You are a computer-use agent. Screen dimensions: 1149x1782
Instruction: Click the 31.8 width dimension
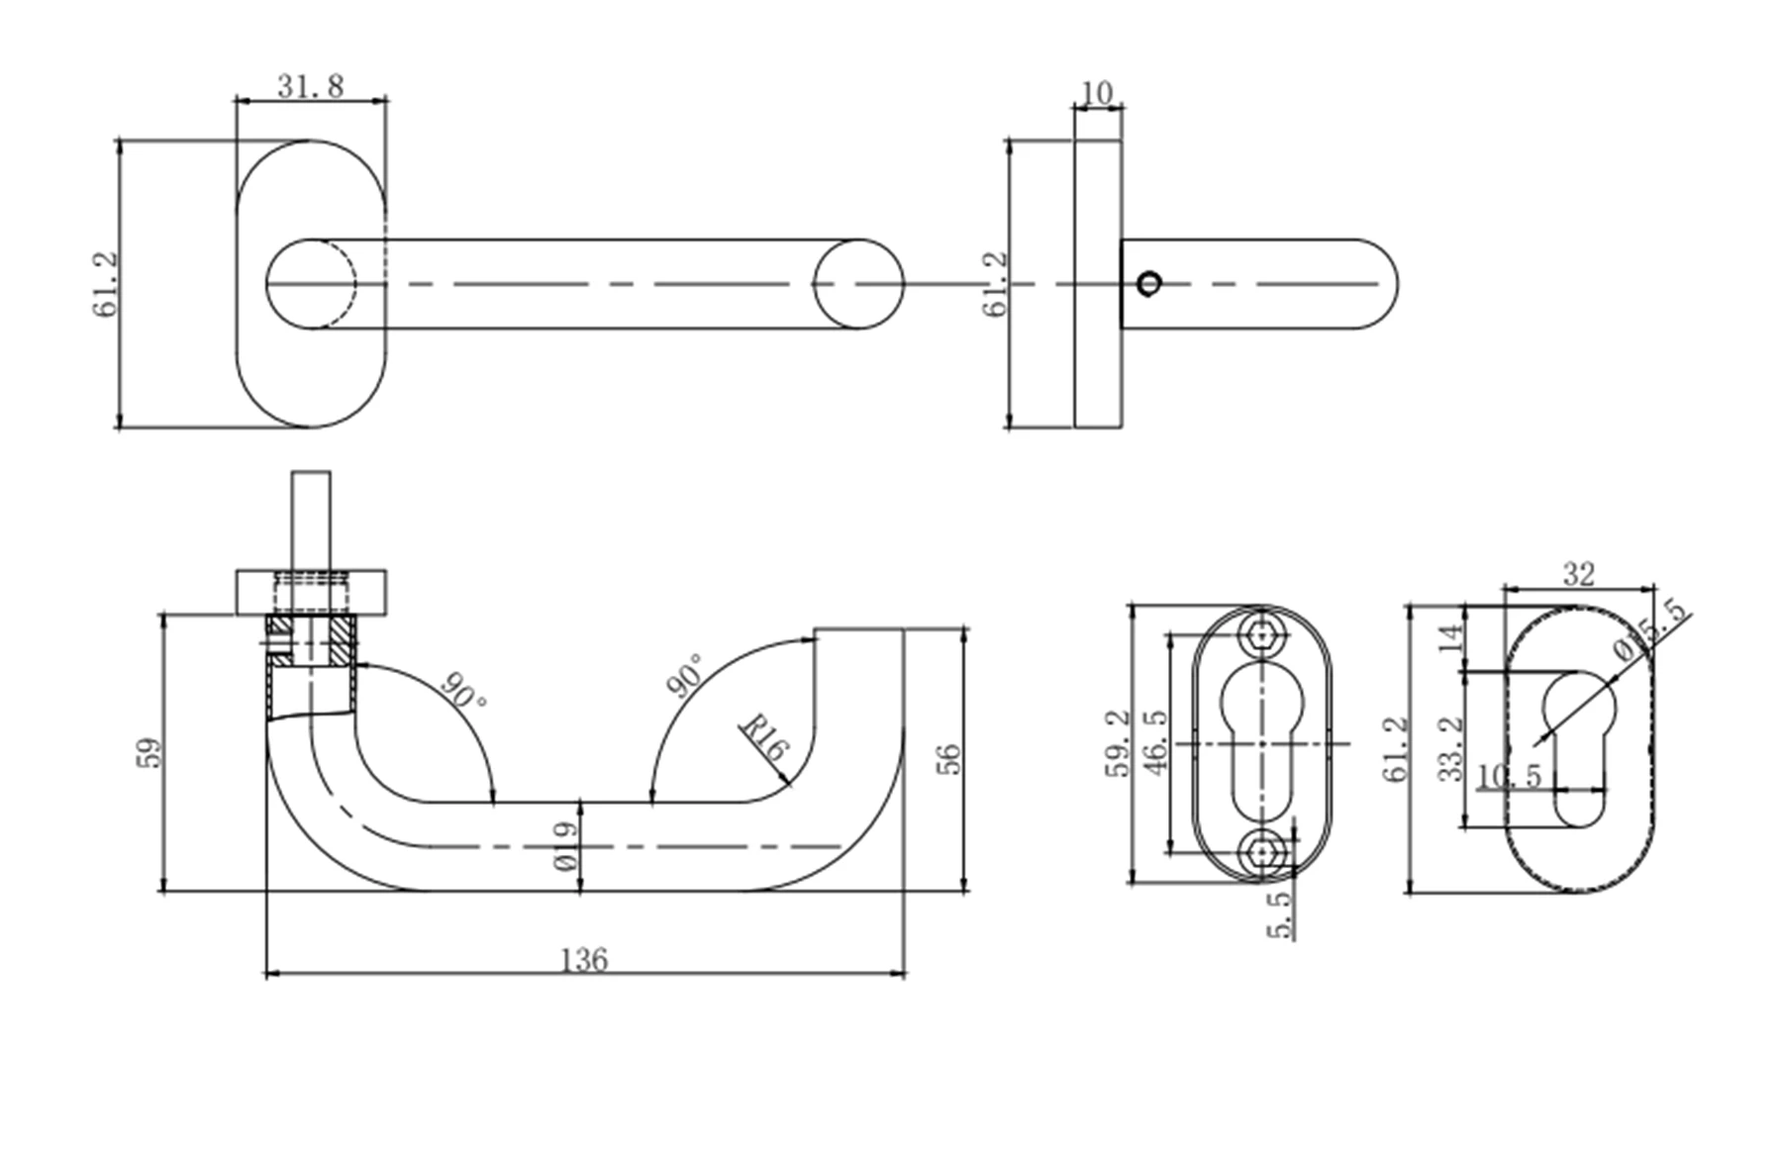point(310,86)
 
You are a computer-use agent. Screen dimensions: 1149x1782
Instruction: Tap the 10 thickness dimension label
point(1097,92)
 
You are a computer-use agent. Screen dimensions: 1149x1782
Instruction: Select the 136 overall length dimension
point(584,959)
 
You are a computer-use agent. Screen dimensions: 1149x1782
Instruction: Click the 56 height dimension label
point(947,758)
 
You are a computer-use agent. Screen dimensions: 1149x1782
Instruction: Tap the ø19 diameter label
point(565,846)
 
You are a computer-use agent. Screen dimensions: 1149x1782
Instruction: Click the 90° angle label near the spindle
point(463,690)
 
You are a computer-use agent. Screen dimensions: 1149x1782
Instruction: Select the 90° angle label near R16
point(685,675)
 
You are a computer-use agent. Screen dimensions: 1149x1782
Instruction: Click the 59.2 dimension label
point(1117,742)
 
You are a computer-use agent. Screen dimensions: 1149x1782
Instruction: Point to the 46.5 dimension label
point(1154,742)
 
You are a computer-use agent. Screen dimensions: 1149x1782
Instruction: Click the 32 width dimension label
point(1578,573)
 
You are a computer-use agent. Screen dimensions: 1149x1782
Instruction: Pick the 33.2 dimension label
point(1450,749)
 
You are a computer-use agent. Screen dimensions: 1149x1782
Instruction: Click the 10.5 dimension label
point(1509,776)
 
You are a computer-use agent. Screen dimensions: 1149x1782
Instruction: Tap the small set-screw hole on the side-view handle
point(1148,284)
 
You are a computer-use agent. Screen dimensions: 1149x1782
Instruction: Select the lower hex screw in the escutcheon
point(1260,851)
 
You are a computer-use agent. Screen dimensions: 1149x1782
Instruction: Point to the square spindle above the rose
point(310,520)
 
